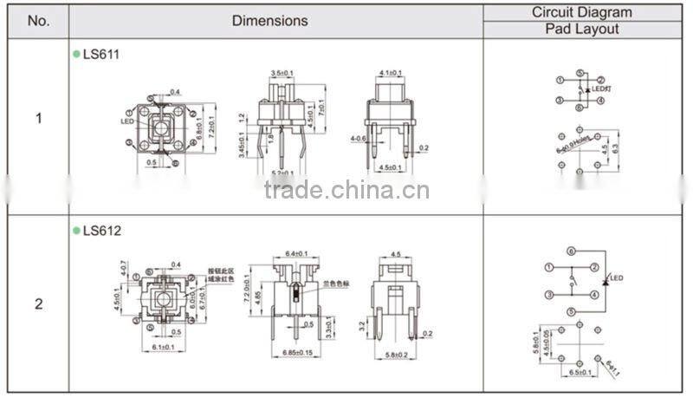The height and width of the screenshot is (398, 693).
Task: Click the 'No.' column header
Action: coord(38,21)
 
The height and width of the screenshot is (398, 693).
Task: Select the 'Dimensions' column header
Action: coord(269,20)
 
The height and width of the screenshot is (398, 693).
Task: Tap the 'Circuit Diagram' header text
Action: coord(581,12)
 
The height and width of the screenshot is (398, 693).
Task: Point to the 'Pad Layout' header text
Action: coord(581,29)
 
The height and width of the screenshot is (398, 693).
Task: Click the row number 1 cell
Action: coord(38,118)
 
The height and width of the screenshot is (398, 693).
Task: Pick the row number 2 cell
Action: coord(38,304)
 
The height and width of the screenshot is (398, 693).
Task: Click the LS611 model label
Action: coord(101,54)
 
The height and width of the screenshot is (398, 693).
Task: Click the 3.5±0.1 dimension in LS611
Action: coord(283,73)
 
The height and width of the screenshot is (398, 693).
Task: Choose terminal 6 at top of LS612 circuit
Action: coord(571,251)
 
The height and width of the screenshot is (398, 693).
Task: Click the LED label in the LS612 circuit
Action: coord(616,277)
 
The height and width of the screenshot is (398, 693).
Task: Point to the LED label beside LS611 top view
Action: coord(126,121)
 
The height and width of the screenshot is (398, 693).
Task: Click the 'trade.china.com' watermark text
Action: coord(346,190)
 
